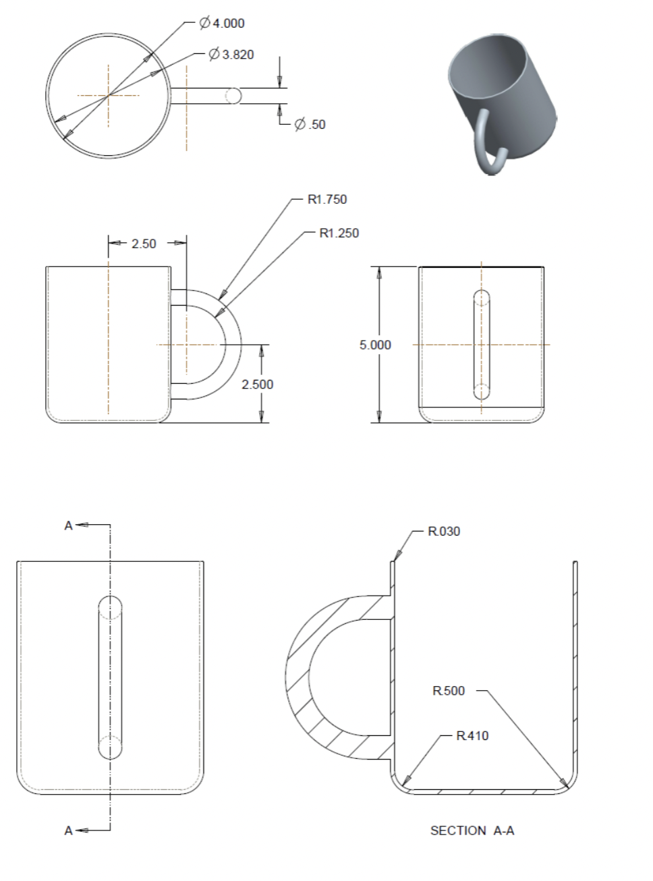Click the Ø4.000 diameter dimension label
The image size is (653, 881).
(222, 24)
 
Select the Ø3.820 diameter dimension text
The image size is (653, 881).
(231, 55)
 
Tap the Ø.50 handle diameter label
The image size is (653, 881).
(310, 124)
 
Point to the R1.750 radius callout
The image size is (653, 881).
(327, 199)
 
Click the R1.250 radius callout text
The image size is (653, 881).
(339, 233)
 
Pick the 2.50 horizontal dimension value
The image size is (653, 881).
(144, 244)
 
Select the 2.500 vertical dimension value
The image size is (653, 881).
(258, 385)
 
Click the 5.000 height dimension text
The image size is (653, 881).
(375, 345)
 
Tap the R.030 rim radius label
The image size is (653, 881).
(444, 532)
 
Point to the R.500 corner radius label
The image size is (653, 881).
(449, 691)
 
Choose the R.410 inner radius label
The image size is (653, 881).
(472, 736)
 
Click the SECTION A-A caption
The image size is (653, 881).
(472, 830)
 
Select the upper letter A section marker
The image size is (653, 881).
(68, 526)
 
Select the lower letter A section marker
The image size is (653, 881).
(68, 830)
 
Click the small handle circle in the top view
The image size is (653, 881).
(233, 96)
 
